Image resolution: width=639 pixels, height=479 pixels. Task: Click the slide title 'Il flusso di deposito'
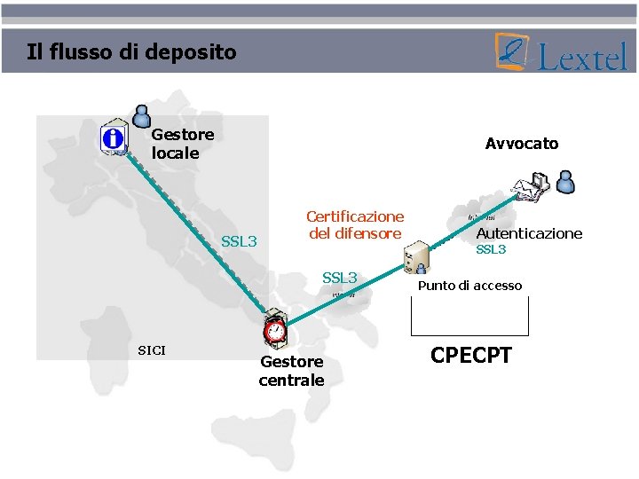(132, 51)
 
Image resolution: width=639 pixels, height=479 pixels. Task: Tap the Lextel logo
(563, 52)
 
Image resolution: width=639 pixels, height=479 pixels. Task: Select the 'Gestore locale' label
(182, 144)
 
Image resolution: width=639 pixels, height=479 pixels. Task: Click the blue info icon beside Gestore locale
(114, 138)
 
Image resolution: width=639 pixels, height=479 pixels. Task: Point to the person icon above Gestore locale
(141, 115)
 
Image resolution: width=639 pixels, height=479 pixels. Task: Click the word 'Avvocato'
(522, 144)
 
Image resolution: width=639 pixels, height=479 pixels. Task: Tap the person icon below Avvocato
(565, 182)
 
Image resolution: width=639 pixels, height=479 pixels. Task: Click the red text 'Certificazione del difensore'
(355, 224)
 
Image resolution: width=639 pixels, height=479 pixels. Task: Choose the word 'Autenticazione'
(529, 233)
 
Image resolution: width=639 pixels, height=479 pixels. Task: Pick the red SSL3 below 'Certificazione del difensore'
(339, 279)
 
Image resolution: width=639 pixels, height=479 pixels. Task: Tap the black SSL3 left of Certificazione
(239, 241)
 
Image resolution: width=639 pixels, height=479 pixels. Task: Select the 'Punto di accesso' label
(469, 286)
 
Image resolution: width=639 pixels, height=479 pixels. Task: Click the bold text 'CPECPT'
(471, 356)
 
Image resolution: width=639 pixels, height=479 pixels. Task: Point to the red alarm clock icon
(275, 330)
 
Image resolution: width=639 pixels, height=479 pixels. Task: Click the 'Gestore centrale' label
(291, 371)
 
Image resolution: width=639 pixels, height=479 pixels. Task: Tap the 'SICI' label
(152, 350)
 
